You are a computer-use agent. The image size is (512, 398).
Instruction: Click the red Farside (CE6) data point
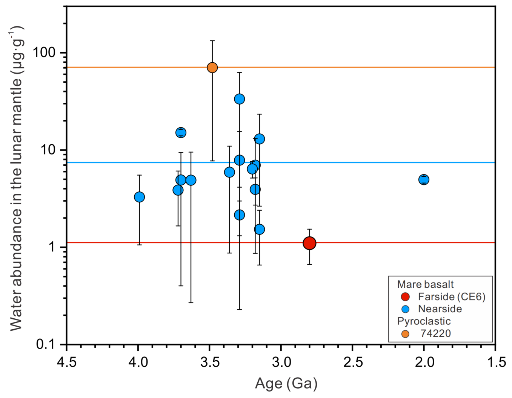(309, 243)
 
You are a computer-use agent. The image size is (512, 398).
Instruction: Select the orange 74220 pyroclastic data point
(212, 68)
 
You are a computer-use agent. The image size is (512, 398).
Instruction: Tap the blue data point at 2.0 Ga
(424, 180)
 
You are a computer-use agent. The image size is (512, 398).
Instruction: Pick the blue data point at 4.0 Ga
(139, 197)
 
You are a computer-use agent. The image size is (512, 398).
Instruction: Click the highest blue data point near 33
(239, 99)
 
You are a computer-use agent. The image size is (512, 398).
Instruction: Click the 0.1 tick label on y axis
(46, 344)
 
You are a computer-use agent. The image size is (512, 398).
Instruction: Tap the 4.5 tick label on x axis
(66, 362)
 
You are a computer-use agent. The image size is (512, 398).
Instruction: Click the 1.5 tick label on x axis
(495, 362)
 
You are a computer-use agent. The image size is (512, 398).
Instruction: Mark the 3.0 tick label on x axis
(281, 362)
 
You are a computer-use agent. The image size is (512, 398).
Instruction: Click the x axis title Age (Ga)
(286, 383)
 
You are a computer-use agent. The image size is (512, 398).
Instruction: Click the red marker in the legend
(405, 297)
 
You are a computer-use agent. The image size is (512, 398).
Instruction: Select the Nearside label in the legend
(440, 309)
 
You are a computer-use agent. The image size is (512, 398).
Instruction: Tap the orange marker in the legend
(405, 334)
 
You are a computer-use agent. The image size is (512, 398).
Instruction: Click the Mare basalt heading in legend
(425, 284)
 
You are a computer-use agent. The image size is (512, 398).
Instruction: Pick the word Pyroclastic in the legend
(424, 321)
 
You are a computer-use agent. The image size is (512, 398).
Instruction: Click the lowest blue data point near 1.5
(259, 230)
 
